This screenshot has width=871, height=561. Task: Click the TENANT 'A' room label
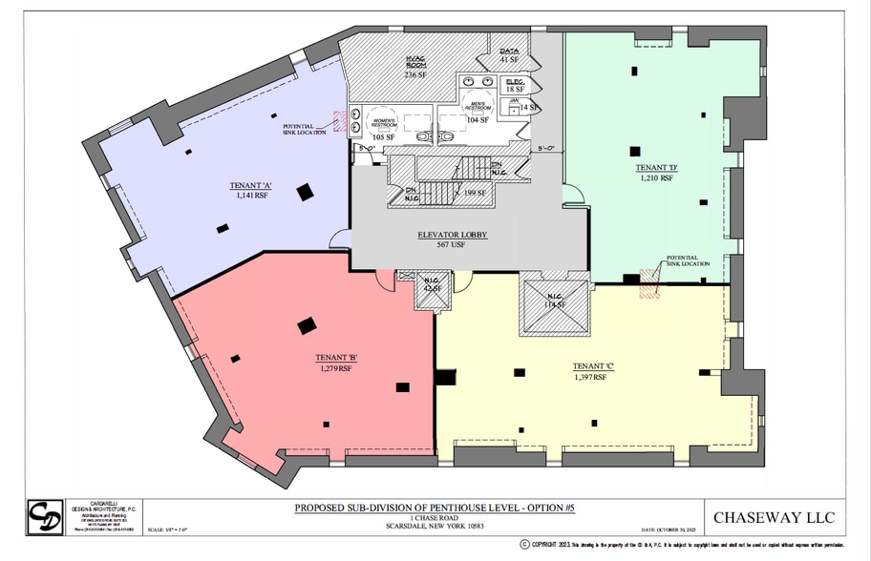(251, 185)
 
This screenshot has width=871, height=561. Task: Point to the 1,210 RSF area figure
(655, 177)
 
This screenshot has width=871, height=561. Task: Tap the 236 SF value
(414, 74)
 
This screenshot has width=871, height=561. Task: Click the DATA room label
(508, 51)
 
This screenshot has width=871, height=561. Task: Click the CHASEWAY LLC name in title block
(773, 518)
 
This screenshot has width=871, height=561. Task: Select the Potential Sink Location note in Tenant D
(687, 260)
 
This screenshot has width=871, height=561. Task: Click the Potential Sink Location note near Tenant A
(306, 129)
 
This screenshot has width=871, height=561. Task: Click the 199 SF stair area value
(472, 194)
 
